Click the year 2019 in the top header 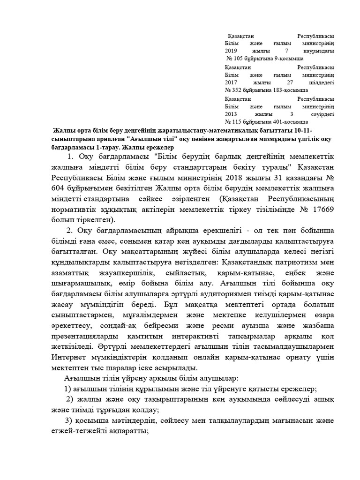(232, 51)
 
